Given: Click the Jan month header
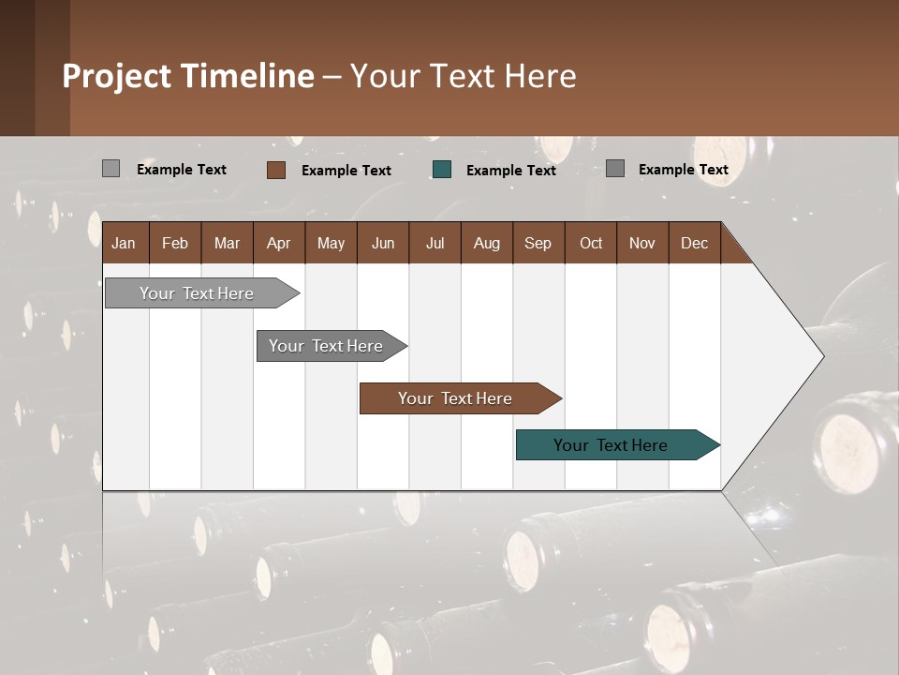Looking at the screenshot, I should click(124, 243).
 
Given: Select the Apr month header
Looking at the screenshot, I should click(278, 243).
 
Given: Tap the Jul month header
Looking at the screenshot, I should click(435, 243).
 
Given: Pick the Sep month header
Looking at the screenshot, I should click(538, 243).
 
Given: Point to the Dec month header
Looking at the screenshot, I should click(694, 243).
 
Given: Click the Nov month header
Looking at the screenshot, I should click(641, 243).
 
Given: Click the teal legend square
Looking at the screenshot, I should click(442, 169).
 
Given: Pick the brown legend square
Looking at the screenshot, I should click(275, 170).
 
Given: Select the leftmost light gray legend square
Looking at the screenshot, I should click(111, 169).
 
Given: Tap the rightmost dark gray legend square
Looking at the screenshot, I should click(614, 169).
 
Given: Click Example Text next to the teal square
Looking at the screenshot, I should click(510, 171).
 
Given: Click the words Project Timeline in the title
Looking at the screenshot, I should click(188, 76).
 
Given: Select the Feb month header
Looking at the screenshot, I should click(175, 243).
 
